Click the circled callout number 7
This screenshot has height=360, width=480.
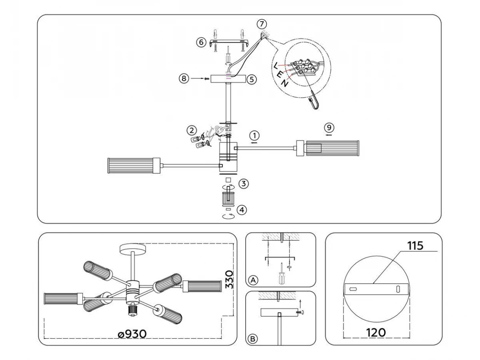[262, 24]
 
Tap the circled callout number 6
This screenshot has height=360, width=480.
[201, 42]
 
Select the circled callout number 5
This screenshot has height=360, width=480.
[252, 80]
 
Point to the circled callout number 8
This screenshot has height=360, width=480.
[184, 78]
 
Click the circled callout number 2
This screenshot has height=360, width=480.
[192, 130]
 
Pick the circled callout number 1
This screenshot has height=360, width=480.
[254, 135]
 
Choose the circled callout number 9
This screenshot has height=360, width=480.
[329, 128]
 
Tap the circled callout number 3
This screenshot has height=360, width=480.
[244, 184]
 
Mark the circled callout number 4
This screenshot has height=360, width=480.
[242, 210]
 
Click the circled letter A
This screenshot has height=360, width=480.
[253, 280]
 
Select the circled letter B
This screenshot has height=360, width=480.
[252, 339]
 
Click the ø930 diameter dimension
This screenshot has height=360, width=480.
[132, 334]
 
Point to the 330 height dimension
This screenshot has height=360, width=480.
[229, 280]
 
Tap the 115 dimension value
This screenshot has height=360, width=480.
[415, 246]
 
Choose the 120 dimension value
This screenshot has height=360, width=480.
[376, 333]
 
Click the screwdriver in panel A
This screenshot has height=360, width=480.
[282, 274]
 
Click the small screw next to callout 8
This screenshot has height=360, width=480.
[206, 78]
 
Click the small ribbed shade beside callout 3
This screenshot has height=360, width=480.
[228, 199]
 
